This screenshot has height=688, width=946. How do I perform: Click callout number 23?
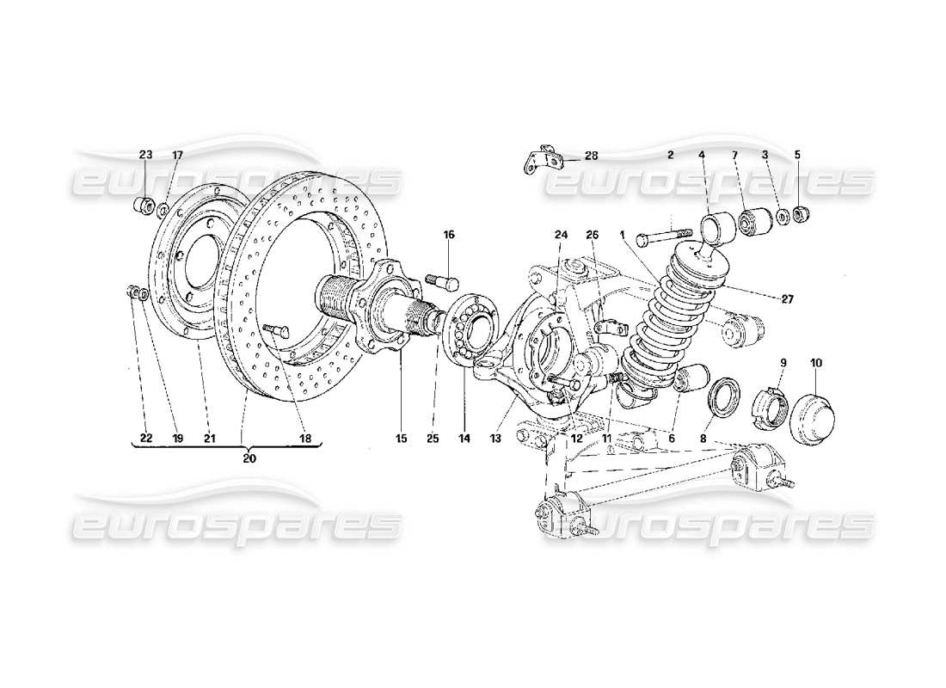click(145, 155)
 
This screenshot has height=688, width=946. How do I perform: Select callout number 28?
click(591, 156)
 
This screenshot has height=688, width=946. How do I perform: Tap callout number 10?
click(814, 363)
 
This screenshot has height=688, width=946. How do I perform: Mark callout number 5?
click(797, 155)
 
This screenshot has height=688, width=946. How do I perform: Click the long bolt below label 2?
click(664, 234)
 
